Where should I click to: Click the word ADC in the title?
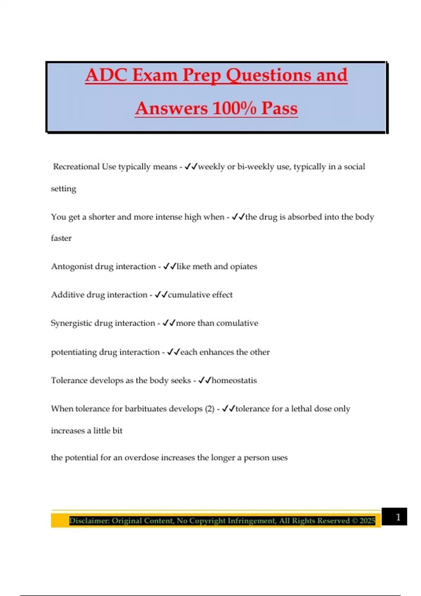click(106, 75)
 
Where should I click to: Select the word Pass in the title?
click(280, 108)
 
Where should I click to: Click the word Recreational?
click(76, 167)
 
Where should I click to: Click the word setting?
click(64, 189)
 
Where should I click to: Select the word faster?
click(61, 238)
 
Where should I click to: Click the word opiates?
click(243, 266)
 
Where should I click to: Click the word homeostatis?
click(234, 380)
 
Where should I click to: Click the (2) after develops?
click(209, 409)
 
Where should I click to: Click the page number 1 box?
click(394, 517)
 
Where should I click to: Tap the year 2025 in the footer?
click(367, 521)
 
